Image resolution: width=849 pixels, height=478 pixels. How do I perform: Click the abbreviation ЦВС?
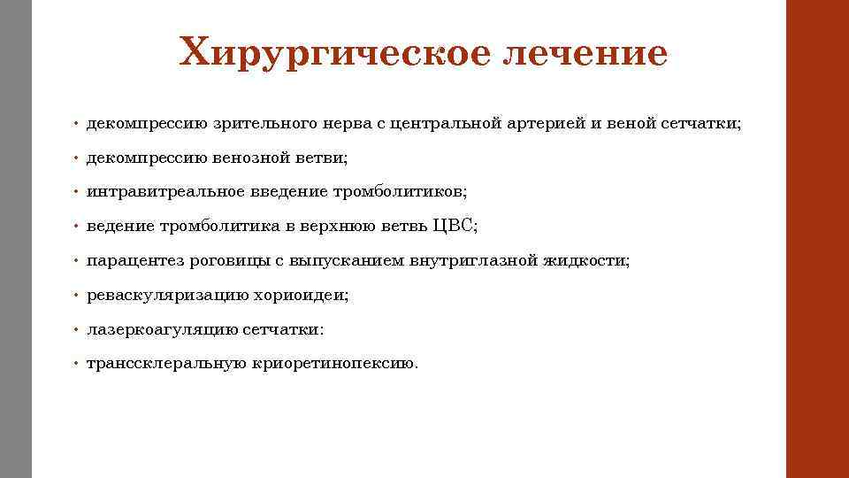[x=455, y=226]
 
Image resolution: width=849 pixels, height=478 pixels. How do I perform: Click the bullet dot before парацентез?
[x=77, y=261]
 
